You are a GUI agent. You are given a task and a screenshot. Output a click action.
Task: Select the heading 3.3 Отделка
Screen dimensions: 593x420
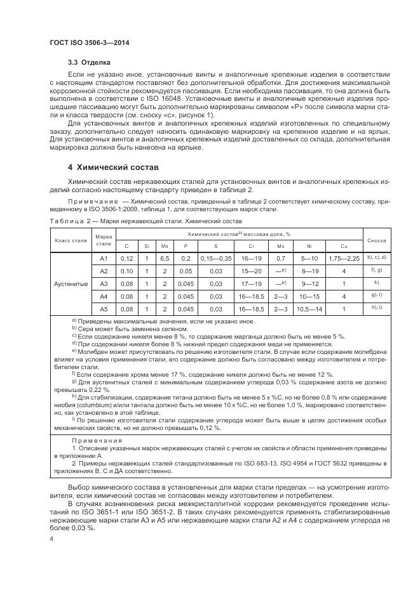[88, 63]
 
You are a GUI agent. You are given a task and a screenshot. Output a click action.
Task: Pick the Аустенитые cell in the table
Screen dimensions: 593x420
[71, 283]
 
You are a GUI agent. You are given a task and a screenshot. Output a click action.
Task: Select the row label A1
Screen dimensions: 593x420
[104, 258]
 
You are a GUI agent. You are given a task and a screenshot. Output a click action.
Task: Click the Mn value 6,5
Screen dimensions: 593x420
[165, 258]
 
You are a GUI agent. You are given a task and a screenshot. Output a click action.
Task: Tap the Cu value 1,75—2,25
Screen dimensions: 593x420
[344, 258]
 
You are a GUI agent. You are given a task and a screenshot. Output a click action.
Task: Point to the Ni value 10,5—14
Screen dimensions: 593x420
[310, 309]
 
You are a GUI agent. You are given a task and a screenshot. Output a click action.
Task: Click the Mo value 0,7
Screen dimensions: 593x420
[281, 258]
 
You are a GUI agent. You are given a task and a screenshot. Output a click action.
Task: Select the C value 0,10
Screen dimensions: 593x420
[126, 271]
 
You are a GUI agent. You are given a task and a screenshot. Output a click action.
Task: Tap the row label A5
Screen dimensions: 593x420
[104, 309]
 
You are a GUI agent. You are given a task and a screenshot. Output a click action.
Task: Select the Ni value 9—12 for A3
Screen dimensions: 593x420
[310, 283]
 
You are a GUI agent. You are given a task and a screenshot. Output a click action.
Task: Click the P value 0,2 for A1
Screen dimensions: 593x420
[186, 258]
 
